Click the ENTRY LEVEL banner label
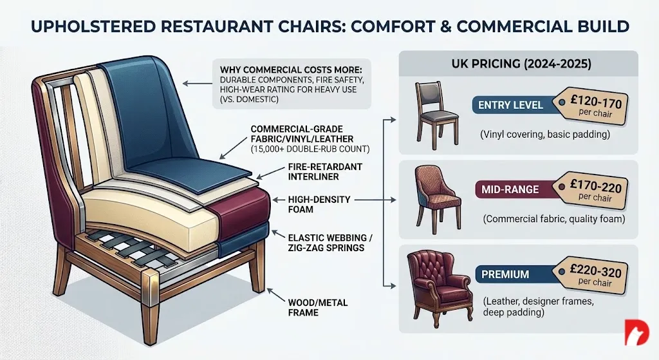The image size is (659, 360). click(x=511, y=105)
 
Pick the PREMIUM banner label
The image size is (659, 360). click(x=506, y=274)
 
